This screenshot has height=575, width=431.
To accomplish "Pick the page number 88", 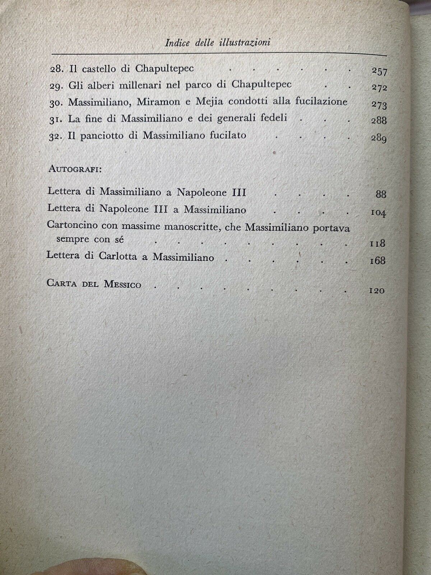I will [380, 194].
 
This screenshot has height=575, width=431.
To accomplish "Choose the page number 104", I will [378, 213].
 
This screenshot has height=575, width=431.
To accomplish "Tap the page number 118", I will [377, 243].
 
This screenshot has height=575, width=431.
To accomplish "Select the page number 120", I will [377, 291].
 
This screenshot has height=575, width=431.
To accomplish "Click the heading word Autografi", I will [75, 170].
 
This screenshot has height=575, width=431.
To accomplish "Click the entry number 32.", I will [56, 136].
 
